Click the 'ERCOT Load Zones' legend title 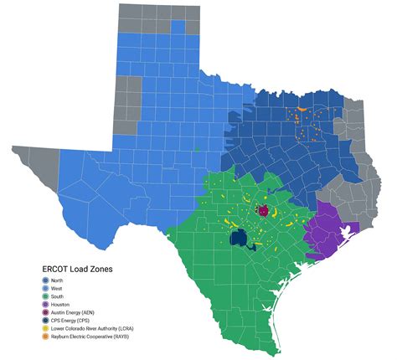[80, 269]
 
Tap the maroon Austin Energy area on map [263, 211]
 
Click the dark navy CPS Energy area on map [237, 239]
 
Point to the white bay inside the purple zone [341, 230]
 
